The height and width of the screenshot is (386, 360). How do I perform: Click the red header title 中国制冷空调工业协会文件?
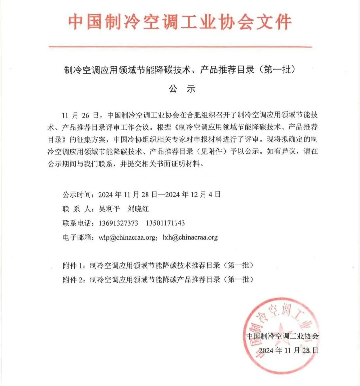[180, 22]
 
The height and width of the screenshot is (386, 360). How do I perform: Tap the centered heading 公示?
[182, 89]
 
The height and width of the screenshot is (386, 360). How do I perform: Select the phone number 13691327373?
[118, 223]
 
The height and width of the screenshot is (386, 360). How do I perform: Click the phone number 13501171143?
[165, 223]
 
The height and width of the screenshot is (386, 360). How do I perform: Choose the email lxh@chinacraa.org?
[190, 238]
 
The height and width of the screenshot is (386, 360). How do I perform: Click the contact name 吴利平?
[109, 209]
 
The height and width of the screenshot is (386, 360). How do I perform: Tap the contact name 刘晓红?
[138, 209]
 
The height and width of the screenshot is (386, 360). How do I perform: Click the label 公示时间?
[76, 195]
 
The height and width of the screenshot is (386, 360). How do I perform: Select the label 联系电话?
[76, 223]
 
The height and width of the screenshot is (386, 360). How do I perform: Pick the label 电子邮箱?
[76, 238]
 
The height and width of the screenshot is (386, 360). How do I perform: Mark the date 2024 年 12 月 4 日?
[193, 195]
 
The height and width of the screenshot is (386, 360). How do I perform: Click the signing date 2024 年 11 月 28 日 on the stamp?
[289, 350]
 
